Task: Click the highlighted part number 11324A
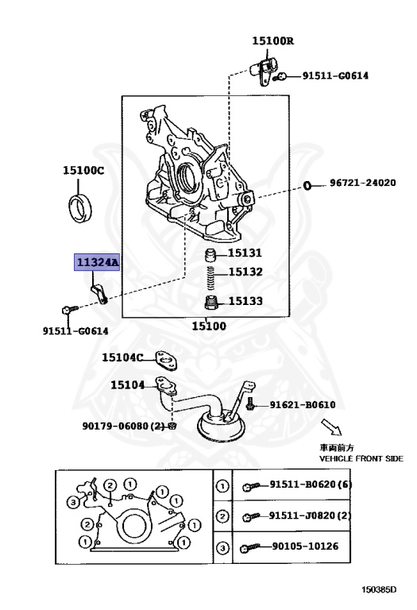coord(96,261)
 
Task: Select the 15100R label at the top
coord(273,41)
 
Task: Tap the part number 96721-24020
coord(362,183)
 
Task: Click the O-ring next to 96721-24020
coord(307,186)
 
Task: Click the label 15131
coord(245,253)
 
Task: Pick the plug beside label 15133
coord(211,303)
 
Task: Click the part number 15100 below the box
coord(209,326)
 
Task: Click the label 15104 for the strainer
coord(127,385)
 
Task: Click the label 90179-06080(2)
coord(122,426)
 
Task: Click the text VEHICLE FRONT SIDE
coord(361,459)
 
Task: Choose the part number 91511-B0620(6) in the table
coord(310,485)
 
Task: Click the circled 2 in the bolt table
coord(223,516)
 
